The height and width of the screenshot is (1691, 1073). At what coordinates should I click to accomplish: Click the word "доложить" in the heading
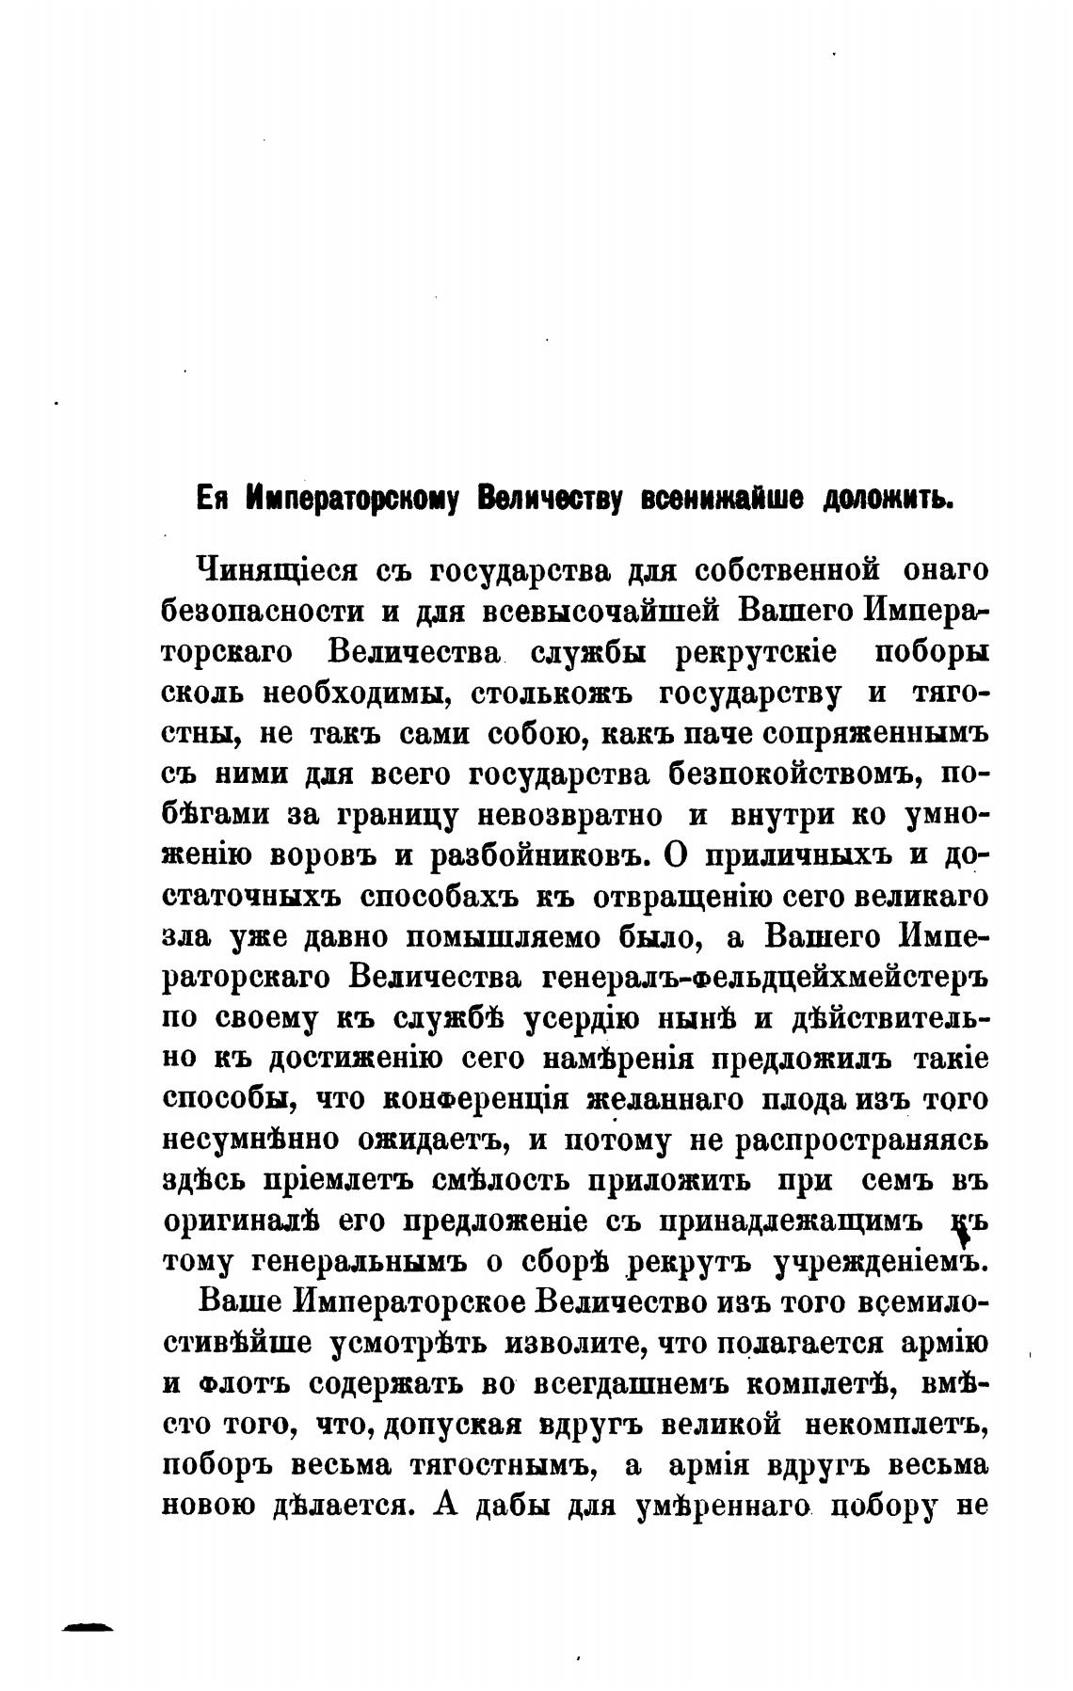pyautogui.click(x=889, y=499)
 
